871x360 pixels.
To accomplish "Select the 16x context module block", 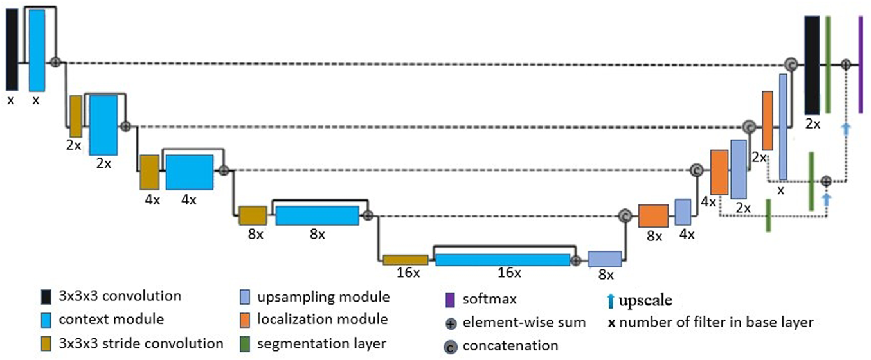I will (x=502, y=260).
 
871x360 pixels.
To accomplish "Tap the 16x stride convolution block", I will (x=405, y=260).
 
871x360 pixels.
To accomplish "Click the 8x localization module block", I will (x=654, y=216).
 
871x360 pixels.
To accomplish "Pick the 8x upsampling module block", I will (x=604, y=259).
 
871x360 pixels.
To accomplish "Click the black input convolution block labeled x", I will (x=12, y=50).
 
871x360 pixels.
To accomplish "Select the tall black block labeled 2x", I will (x=812, y=64).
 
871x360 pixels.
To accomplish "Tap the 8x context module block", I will (x=317, y=215).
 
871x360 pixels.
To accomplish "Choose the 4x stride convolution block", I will (x=149, y=172).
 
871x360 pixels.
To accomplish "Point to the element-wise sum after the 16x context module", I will (x=576, y=260).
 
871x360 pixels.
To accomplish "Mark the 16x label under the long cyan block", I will (x=508, y=273).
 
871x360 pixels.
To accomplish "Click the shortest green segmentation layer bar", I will (x=768, y=215).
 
